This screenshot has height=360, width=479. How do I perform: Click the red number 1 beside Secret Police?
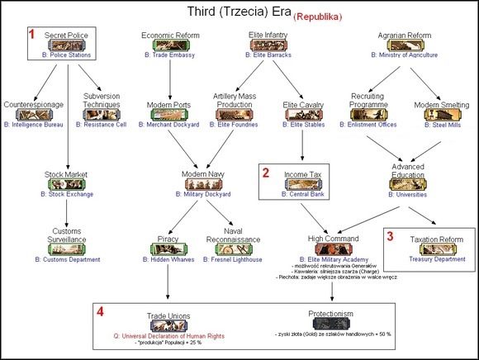pyautogui.click(x=32, y=36)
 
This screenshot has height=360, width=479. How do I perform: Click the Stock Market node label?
pyautogui.click(x=66, y=175)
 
